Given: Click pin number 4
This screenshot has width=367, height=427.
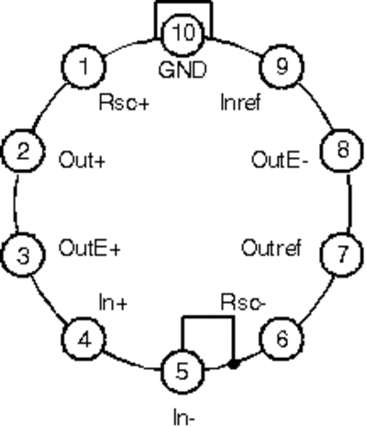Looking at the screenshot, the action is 84,339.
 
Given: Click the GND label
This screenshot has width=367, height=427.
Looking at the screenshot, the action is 183,70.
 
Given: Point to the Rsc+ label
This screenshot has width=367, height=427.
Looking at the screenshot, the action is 124,102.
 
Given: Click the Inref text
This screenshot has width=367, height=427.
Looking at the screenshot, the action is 240,102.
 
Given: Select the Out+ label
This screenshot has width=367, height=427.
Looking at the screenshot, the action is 82,160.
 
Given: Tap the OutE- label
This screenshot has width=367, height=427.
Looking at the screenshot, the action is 280,160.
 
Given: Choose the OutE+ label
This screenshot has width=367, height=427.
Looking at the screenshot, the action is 90,248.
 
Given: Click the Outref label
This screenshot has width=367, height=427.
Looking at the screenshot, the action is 272,248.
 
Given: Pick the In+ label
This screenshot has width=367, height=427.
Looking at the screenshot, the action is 113,303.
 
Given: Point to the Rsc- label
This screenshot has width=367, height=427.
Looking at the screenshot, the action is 243,302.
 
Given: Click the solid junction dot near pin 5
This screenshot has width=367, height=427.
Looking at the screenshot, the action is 234,365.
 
